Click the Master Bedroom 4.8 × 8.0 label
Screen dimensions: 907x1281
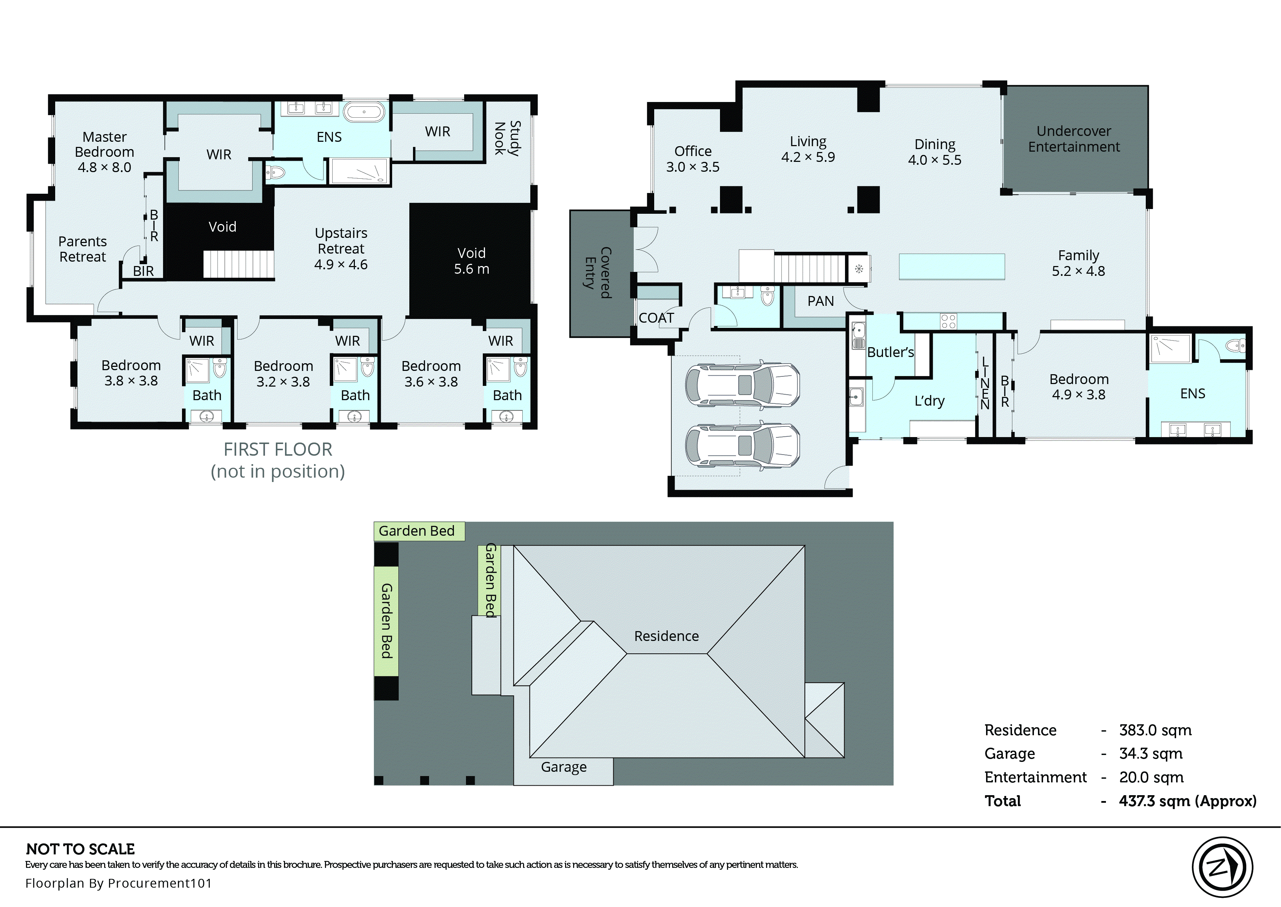pyautogui.click(x=105, y=152)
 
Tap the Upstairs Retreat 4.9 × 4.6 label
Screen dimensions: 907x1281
pyautogui.click(x=341, y=248)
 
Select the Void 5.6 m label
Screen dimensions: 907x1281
pyautogui.click(x=471, y=261)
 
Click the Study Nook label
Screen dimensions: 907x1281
pyautogui.click(x=507, y=138)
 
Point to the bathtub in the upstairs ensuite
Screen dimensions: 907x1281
pyautogui.click(x=364, y=112)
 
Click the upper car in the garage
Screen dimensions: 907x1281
pyautogui.click(x=742, y=386)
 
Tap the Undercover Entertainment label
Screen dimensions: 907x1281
pyautogui.click(x=1073, y=139)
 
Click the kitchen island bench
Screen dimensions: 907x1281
pyautogui.click(x=952, y=266)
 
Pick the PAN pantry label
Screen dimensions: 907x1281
pyautogui.click(x=820, y=301)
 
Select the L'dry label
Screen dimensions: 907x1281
pyautogui.click(x=929, y=401)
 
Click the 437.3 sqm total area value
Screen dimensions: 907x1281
pyautogui.click(x=1187, y=801)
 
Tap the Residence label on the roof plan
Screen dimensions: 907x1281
pyautogui.click(x=666, y=636)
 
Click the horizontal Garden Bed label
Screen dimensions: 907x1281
pyautogui.click(x=417, y=531)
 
